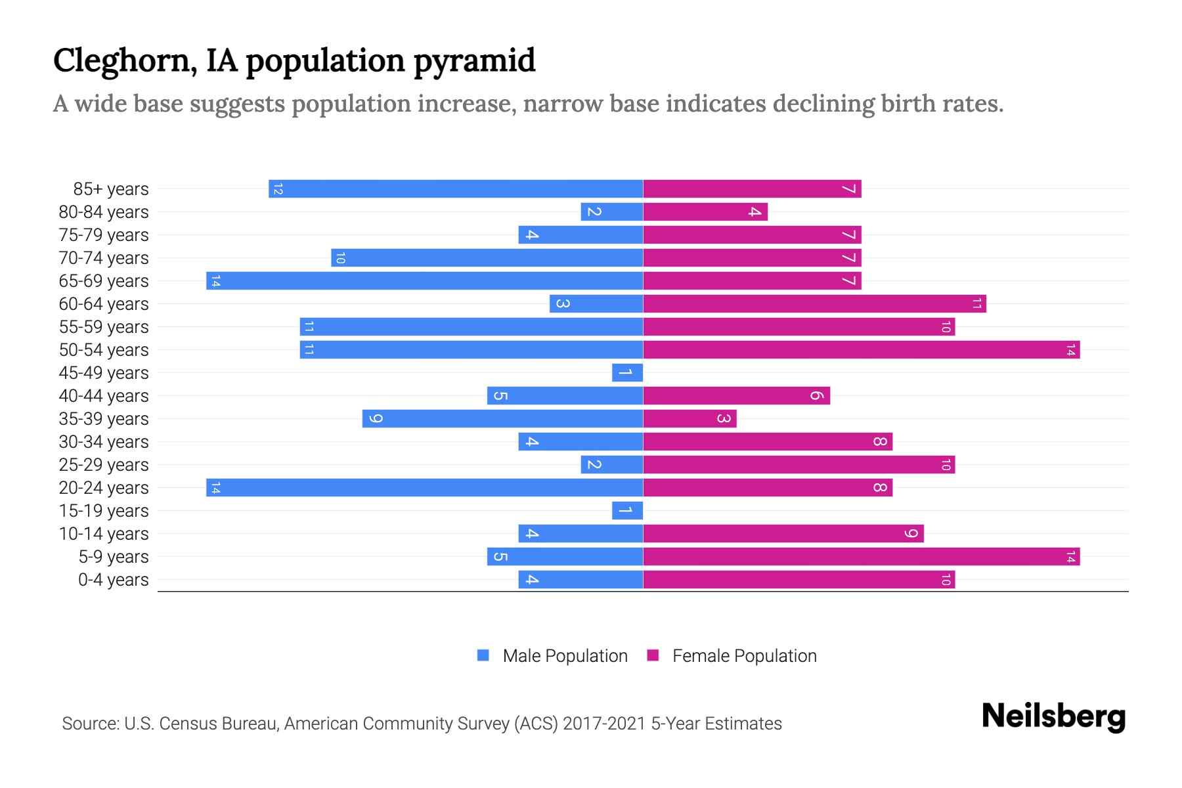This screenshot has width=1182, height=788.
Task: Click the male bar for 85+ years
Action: pyautogui.click(x=456, y=189)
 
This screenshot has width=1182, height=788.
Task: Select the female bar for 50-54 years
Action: pyautogui.click(x=862, y=350)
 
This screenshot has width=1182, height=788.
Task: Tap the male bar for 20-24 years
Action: pyautogui.click(x=424, y=488)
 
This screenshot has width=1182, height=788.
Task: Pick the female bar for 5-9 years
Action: pyautogui.click(x=862, y=557)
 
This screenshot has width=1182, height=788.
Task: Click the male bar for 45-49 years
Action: pyautogui.click(x=627, y=373)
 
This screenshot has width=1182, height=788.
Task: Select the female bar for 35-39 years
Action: pyautogui.click(x=689, y=419)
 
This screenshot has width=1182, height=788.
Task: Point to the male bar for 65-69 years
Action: pyautogui.click(x=424, y=281)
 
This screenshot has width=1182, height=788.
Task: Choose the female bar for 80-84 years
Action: pyautogui.click(x=705, y=212)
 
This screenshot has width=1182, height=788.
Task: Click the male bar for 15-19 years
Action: pyautogui.click(x=627, y=511)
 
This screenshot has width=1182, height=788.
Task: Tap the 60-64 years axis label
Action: pyautogui.click(x=104, y=304)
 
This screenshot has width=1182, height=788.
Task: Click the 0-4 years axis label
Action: pyautogui.click(x=113, y=580)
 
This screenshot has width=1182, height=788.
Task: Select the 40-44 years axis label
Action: pyautogui.click(x=104, y=396)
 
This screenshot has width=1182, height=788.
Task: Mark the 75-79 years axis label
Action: pyautogui.click(x=104, y=235)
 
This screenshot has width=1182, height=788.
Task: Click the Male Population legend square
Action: pyautogui.click(x=483, y=655)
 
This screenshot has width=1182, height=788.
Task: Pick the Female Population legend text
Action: pyautogui.click(x=744, y=656)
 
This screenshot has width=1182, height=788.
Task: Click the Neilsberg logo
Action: pyautogui.click(x=1053, y=716)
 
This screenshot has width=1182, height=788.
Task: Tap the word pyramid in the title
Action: pyautogui.click(x=475, y=61)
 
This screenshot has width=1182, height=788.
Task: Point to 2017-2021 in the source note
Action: pyautogui.click(x=604, y=724)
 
